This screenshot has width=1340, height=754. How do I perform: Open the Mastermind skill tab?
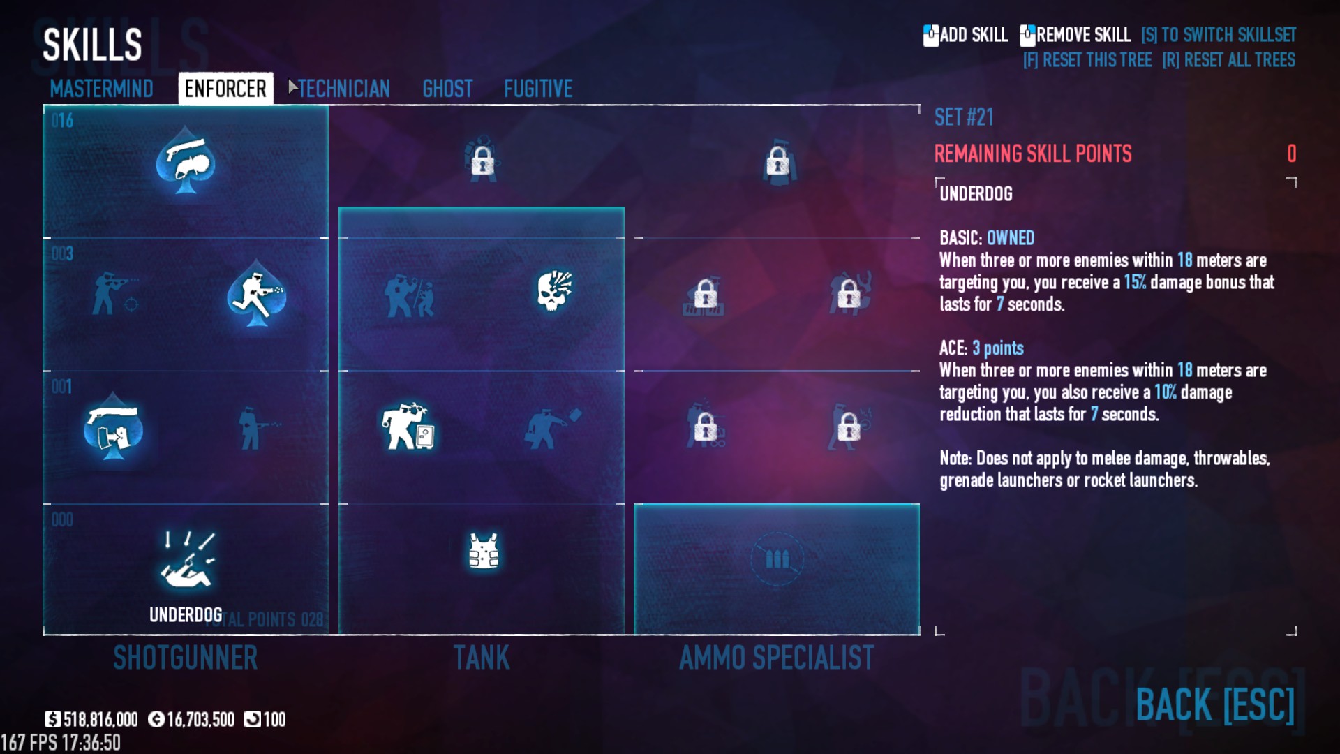coord(101,89)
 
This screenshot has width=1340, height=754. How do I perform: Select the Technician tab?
coord(344,89)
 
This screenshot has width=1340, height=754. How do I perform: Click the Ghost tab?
coord(447,89)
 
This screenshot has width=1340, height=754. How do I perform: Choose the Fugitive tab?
coord(538,89)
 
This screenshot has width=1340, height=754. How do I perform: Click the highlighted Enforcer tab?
coord(225,89)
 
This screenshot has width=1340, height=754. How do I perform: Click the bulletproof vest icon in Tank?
coord(484,552)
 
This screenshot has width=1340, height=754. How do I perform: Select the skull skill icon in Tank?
coord(554,290)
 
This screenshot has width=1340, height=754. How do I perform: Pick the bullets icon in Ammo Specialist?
coord(777,559)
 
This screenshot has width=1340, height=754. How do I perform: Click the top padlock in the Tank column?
coord(482,161)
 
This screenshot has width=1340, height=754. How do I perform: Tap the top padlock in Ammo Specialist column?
coord(777,161)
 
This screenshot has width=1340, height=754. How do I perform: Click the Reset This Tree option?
coord(1087,60)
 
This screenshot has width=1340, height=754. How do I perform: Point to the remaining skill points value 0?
coord(1292,154)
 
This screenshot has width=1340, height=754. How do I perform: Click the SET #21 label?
coord(964,117)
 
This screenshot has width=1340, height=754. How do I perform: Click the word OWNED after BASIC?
coord(1011,238)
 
